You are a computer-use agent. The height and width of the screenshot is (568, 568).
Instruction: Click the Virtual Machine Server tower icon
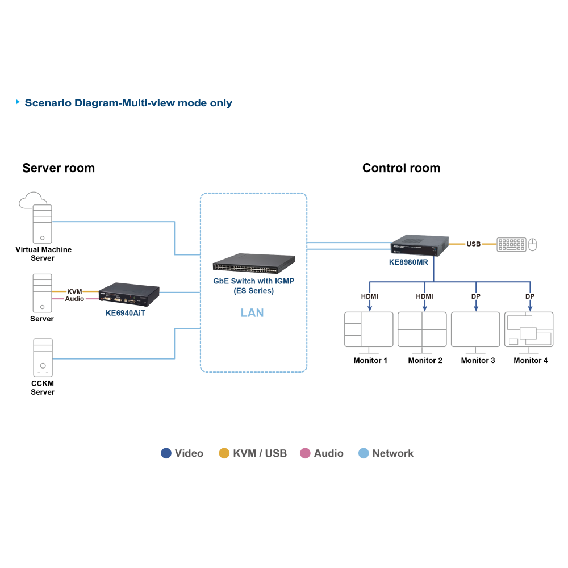click(x=43, y=224)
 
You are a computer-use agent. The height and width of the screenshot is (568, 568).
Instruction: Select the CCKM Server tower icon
click(x=43, y=357)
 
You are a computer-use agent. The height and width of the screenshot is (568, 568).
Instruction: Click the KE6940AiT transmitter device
click(x=128, y=294)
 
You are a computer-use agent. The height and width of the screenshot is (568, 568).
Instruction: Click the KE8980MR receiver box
click(x=420, y=245)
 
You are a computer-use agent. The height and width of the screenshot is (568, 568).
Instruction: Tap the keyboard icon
click(x=511, y=244)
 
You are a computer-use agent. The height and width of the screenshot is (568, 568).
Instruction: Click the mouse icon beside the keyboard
click(x=533, y=244)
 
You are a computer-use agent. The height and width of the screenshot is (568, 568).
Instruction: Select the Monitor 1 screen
click(x=369, y=329)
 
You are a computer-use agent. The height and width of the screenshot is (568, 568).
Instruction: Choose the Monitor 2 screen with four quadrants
click(x=422, y=329)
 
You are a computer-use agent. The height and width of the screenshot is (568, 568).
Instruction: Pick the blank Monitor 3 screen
click(x=475, y=329)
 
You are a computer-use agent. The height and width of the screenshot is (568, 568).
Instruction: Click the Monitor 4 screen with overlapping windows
click(x=529, y=329)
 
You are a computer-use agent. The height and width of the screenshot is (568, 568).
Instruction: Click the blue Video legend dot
click(x=166, y=453)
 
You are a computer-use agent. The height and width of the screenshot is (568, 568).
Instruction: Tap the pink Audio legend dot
click(x=305, y=453)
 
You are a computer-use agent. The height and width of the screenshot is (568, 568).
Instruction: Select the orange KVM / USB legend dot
click(x=224, y=453)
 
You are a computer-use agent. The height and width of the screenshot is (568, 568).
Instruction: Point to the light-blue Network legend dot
click(x=364, y=453)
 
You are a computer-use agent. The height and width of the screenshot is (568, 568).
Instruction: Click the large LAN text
click(x=252, y=312)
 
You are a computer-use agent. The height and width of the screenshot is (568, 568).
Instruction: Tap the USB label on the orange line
click(x=474, y=244)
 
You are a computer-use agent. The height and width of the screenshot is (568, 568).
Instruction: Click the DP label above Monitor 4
click(x=530, y=296)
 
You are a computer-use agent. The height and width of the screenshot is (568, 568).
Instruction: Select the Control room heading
click(x=402, y=168)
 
